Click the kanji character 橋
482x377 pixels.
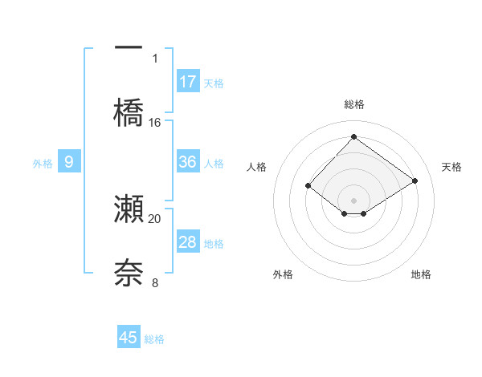(x=129, y=112)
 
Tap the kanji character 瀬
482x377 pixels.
(x=129, y=209)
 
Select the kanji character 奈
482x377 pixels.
(x=129, y=272)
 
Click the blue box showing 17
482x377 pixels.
(x=188, y=81)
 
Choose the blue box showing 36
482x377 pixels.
(x=188, y=162)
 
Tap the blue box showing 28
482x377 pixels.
(x=188, y=242)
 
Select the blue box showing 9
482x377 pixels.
(x=69, y=162)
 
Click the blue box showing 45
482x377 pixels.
(x=129, y=338)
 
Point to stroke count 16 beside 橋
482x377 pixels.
(x=155, y=123)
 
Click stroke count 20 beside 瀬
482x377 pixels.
(x=155, y=218)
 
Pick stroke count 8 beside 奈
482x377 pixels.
(x=155, y=282)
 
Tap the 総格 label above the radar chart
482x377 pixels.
(x=353, y=104)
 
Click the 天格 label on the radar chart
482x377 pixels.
(x=451, y=167)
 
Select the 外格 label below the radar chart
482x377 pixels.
(x=283, y=274)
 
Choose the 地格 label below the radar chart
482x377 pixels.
(x=421, y=274)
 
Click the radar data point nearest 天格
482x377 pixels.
(x=415, y=181)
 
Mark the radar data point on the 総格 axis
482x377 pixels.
(x=353, y=136)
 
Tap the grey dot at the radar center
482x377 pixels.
(x=353, y=200)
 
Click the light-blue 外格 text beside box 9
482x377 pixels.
(x=43, y=163)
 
